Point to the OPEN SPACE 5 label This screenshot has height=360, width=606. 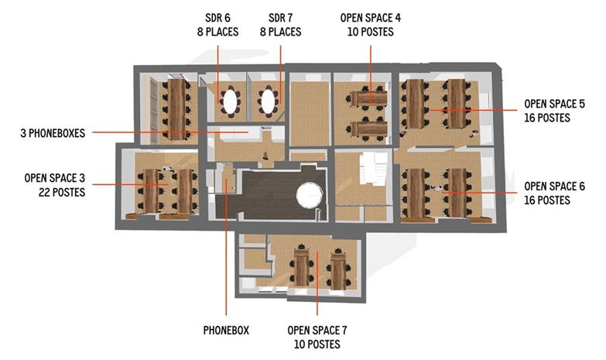pos(554,104)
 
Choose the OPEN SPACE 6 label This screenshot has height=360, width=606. pos(554,187)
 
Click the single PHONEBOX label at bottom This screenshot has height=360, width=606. pos(226,330)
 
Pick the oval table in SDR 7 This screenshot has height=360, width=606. pos(268,100)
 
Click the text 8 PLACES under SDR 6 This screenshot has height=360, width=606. pos(217,32)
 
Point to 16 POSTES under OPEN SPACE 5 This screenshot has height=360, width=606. pos(546,118)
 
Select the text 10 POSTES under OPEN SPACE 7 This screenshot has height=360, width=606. pos(317,344)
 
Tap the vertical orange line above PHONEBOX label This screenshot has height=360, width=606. pos(225,255)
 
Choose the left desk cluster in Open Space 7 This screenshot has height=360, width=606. pos(302,268)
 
